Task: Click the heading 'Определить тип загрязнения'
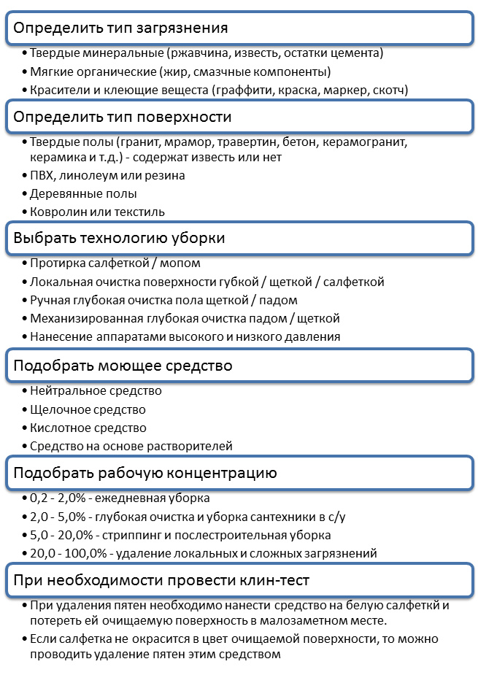(121, 28)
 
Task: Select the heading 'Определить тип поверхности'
(123, 117)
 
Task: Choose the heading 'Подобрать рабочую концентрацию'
(145, 473)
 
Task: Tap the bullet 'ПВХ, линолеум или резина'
(107, 175)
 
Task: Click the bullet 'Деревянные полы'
(83, 193)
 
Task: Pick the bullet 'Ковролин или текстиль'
(97, 212)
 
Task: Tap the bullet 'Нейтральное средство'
(96, 391)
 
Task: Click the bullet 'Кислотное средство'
(88, 428)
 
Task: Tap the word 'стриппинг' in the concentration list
(126, 535)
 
